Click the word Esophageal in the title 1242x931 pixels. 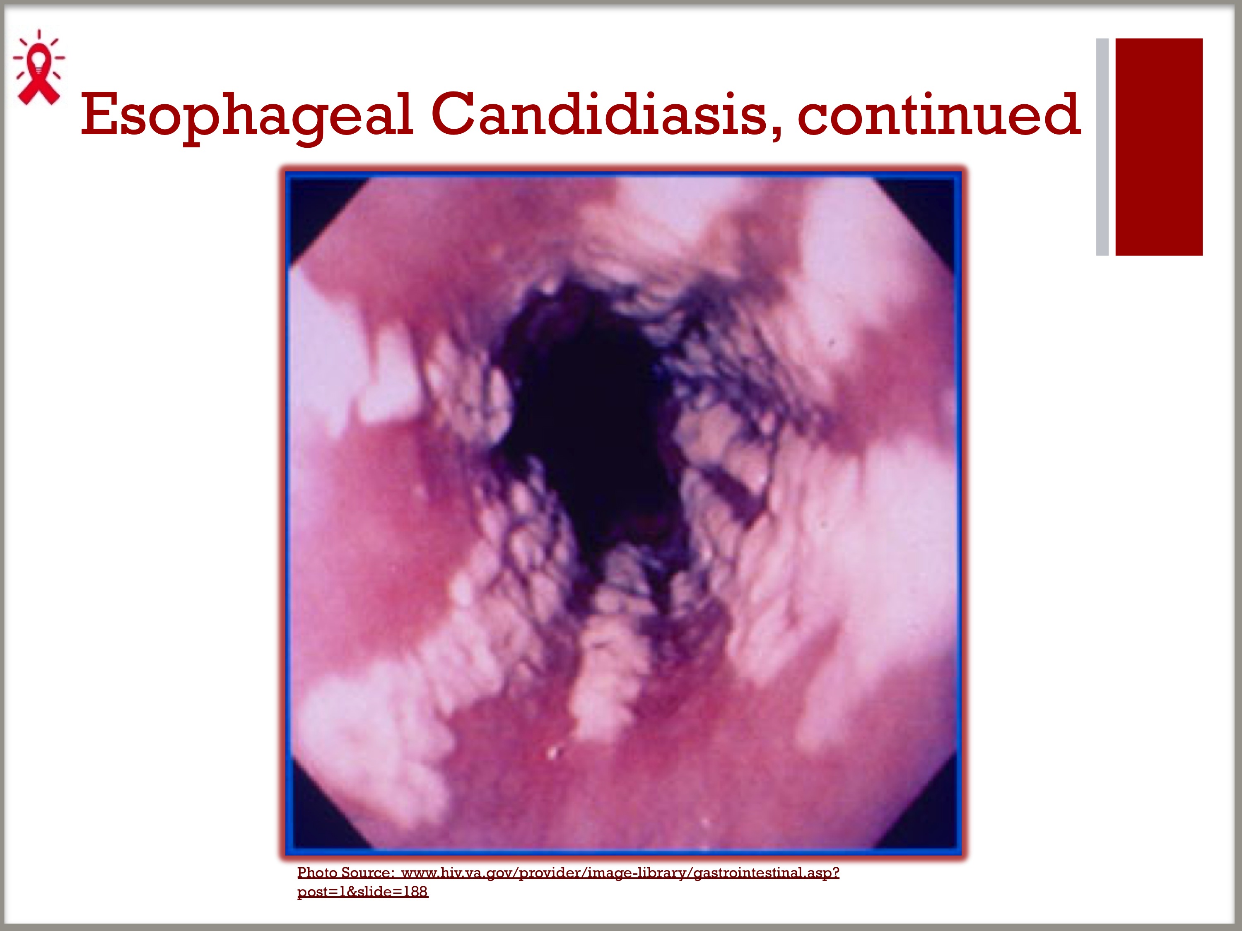(x=247, y=115)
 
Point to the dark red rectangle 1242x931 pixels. (x=1158, y=147)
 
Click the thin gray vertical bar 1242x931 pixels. (x=1102, y=147)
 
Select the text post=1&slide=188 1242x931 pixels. (x=363, y=892)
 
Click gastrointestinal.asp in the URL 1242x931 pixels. (x=767, y=873)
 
